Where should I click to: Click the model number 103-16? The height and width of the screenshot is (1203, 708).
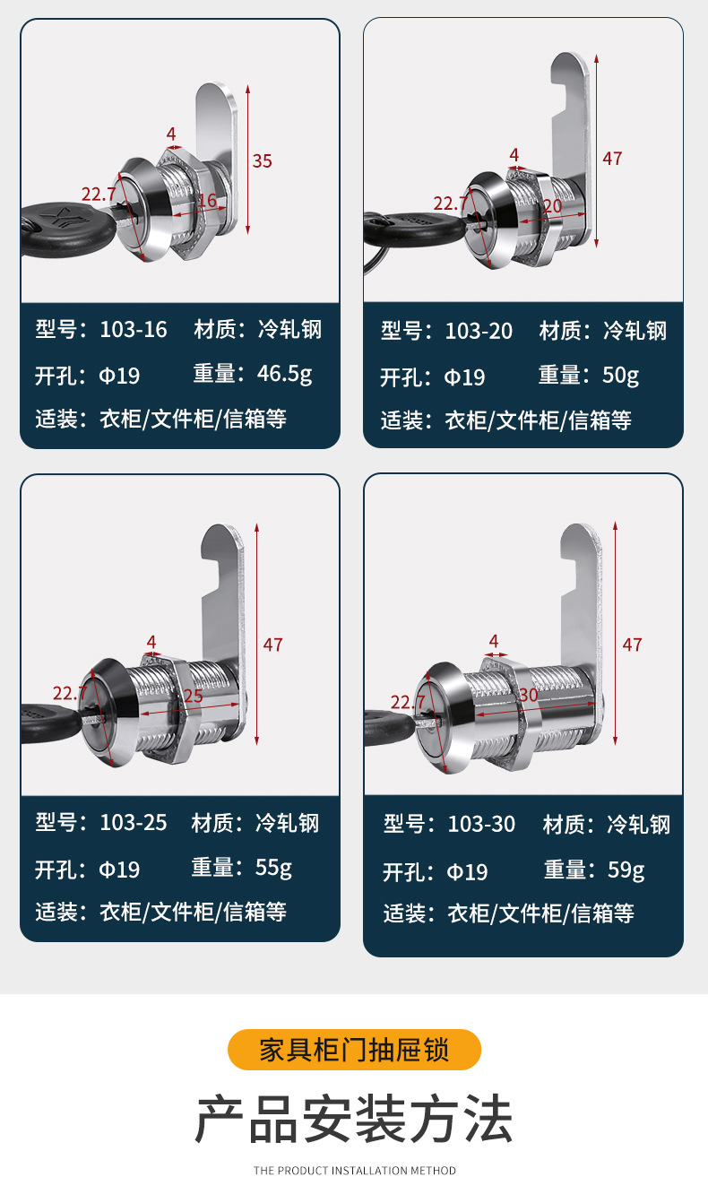tap(133, 329)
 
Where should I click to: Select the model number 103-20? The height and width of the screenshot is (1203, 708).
tap(479, 331)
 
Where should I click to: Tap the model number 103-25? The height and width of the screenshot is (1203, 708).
tap(133, 823)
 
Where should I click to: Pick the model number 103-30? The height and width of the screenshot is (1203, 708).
tap(481, 825)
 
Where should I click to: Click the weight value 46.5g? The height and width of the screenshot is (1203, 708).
tap(284, 374)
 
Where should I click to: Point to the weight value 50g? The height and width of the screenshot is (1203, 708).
tap(620, 375)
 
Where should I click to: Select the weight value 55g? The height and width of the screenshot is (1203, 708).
tap(273, 868)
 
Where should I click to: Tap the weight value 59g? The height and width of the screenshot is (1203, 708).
tap(626, 870)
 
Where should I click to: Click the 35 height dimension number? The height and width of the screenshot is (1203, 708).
tap(262, 161)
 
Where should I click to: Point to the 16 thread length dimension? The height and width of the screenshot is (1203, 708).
tap(207, 201)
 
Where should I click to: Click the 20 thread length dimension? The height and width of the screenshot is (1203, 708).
tap(551, 205)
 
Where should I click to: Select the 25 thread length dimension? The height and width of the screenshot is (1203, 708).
tap(193, 696)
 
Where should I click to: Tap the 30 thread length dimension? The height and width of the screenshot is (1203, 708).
tap(528, 695)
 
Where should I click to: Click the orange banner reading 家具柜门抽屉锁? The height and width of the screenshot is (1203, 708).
tap(354, 1050)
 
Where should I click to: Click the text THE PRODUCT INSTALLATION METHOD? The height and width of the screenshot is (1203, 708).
tap(354, 1171)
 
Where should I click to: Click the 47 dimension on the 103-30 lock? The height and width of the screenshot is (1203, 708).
tap(632, 645)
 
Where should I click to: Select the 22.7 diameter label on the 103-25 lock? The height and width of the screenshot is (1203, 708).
tap(69, 693)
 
